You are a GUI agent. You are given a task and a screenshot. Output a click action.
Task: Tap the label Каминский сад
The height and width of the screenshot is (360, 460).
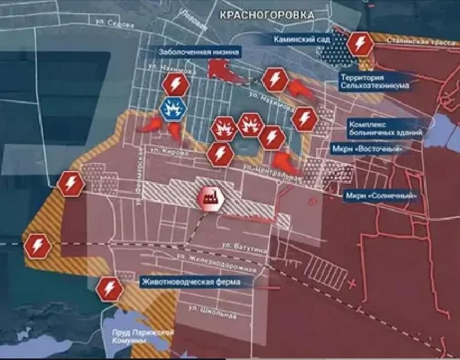click(302, 40)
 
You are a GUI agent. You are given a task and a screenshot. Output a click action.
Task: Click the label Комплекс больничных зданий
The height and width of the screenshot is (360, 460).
click(385, 128)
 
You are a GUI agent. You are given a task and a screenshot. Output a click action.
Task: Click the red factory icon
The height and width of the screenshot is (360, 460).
click(210, 199)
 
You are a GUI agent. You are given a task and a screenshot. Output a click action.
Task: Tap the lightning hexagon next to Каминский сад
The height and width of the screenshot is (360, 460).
click(360, 44)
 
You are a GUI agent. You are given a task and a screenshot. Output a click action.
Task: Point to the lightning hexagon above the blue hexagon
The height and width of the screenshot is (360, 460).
click(174, 84)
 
